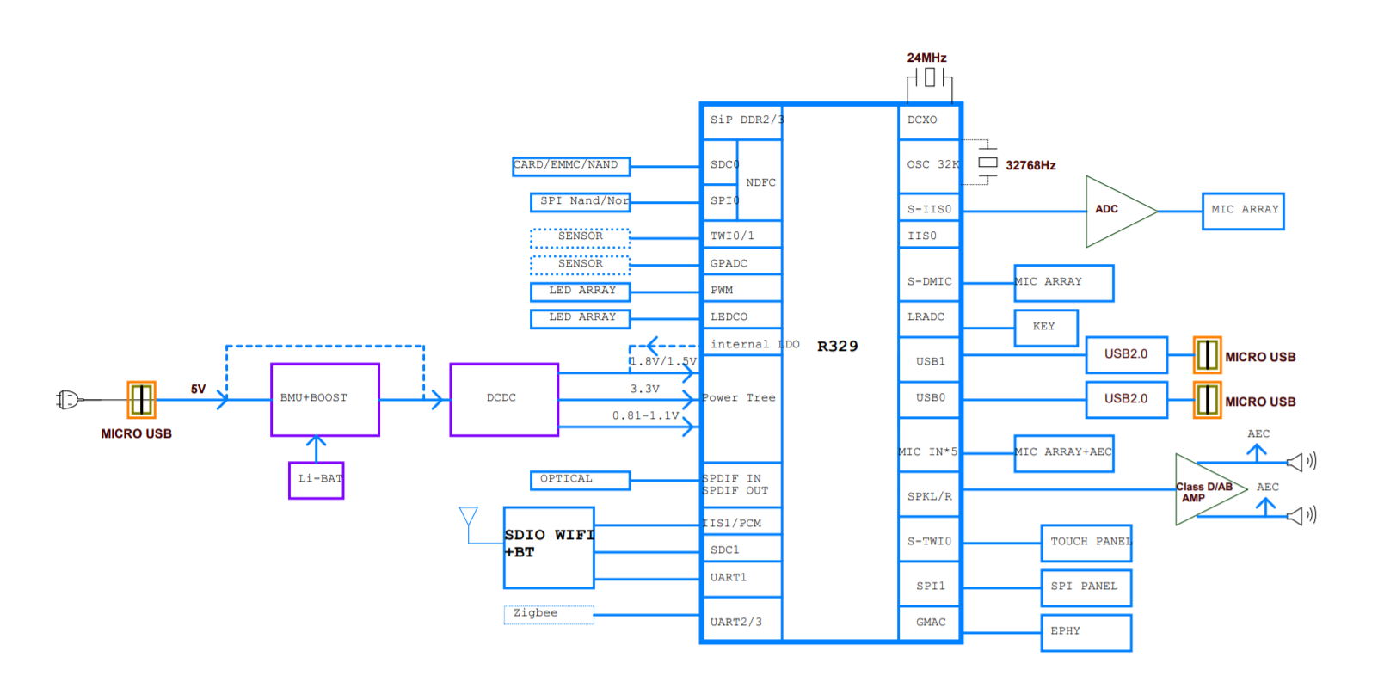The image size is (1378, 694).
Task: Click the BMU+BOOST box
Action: (x=324, y=399)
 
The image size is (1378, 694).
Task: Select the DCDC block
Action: (x=504, y=399)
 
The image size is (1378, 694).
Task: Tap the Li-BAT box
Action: (x=317, y=479)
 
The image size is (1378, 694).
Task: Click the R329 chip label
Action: (x=837, y=347)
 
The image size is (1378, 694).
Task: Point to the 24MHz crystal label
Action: (x=926, y=58)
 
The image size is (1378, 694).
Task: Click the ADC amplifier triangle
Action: (x=1114, y=211)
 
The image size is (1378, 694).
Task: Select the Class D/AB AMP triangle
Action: (x=1204, y=490)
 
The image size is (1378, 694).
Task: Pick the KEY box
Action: (x=1046, y=328)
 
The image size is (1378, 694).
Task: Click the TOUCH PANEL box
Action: (x=1086, y=543)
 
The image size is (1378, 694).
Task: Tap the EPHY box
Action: (x=1086, y=632)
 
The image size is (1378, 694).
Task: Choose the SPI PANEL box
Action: (x=1086, y=587)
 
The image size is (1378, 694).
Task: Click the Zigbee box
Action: (x=548, y=614)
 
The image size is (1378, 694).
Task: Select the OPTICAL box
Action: (x=580, y=480)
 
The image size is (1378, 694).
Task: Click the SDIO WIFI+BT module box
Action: (x=549, y=547)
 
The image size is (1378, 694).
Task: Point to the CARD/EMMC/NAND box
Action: (x=571, y=166)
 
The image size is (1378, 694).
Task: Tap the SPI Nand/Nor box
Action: (x=581, y=202)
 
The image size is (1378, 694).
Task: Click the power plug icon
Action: (x=68, y=399)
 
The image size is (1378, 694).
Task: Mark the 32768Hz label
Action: (x=1030, y=166)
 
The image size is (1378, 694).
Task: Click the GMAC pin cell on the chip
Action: (x=930, y=623)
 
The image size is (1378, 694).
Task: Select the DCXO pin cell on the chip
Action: (x=928, y=121)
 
